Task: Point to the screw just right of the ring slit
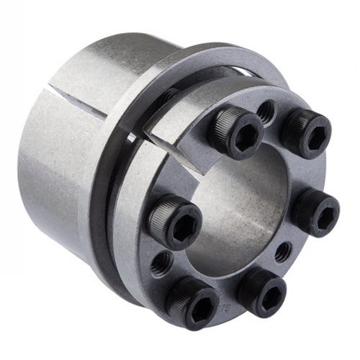[238, 133]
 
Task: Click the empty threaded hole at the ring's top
[265, 112]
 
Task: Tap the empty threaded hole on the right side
[283, 251]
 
